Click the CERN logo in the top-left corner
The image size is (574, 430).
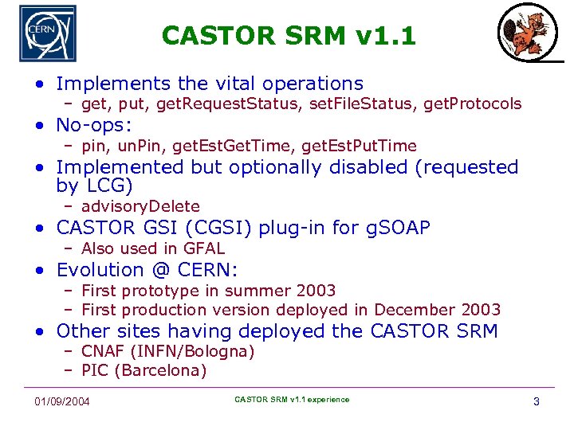(48, 34)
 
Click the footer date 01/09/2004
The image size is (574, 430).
(62, 401)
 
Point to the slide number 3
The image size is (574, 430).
(536, 401)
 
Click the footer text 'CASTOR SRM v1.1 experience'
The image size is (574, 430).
(292, 399)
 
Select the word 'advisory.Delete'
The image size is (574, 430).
(140, 207)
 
